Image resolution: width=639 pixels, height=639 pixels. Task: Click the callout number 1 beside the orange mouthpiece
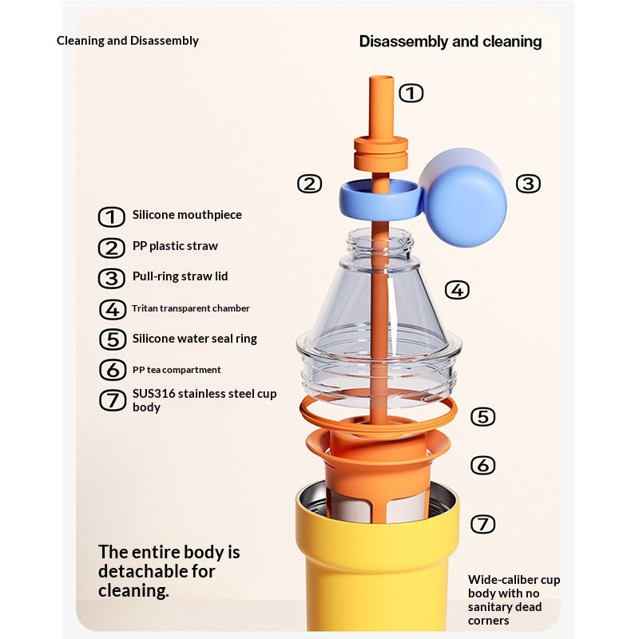pyautogui.click(x=411, y=93)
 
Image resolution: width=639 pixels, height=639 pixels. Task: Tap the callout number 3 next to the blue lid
pyautogui.click(x=528, y=184)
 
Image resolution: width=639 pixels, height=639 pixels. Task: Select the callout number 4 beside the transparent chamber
pyautogui.click(x=457, y=290)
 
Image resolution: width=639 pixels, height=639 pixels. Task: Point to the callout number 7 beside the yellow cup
pyautogui.click(x=483, y=524)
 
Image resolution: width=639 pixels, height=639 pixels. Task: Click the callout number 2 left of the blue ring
pyautogui.click(x=309, y=184)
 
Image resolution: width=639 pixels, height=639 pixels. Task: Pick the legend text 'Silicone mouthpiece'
pyautogui.click(x=187, y=215)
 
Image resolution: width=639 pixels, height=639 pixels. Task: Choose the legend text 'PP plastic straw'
pyautogui.click(x=175, y=246)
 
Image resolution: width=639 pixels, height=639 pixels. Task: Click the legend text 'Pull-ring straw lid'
pyautogui.click(x=181, y=276)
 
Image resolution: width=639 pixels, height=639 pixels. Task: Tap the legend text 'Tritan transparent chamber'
pyautogui.click(x=191, y=308)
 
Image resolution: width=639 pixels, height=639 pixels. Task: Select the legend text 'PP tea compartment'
pyautogui.click(x=177, y=370)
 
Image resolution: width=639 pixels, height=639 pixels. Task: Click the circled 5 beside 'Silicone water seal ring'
pyautogui.click(x=113, y=339)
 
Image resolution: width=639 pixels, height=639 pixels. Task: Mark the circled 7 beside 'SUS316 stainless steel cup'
pyautogui.click(x=113, y=400)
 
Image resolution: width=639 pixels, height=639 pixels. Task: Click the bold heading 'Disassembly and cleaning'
pyautogui.click(x=450, y=42)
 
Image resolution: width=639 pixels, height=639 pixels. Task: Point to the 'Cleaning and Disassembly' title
pyautogui.click(x=128, y=41)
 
